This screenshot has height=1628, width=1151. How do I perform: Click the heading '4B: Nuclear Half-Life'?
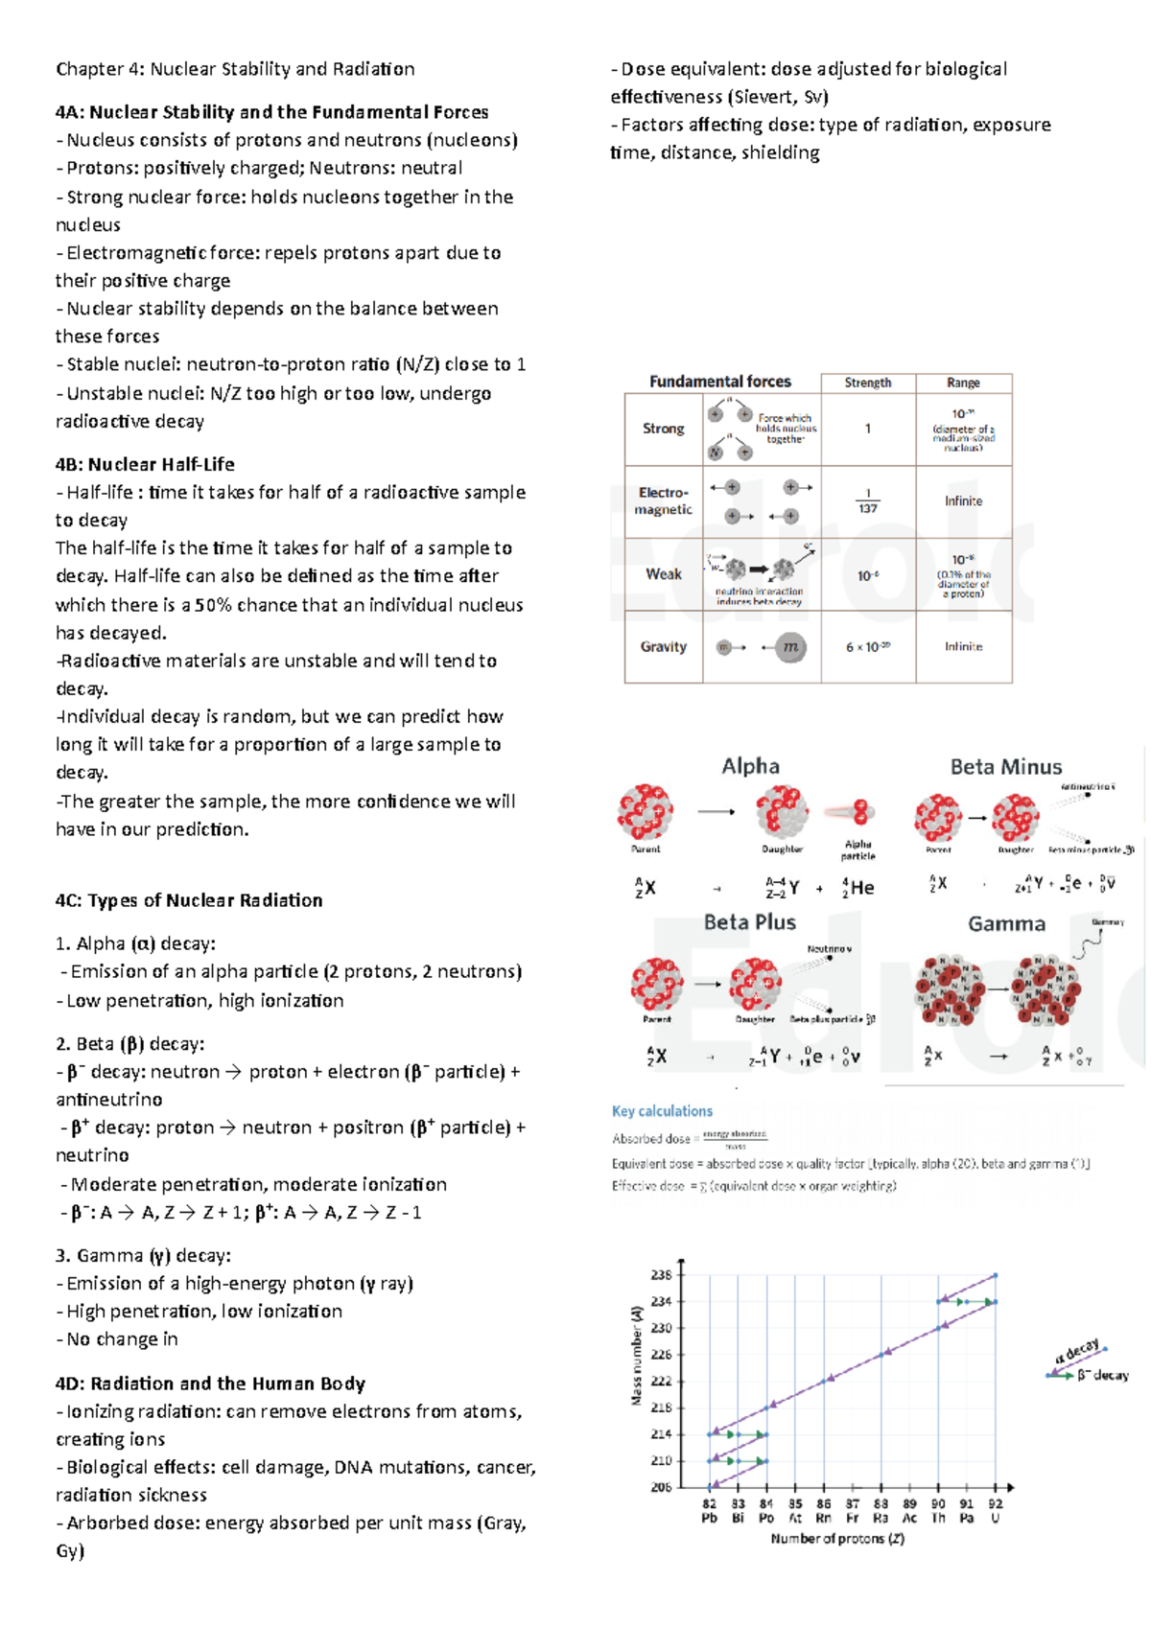coord(145,464)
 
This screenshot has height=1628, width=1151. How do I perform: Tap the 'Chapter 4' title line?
coord(235,69)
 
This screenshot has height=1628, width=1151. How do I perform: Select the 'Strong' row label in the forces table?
coord(663,429)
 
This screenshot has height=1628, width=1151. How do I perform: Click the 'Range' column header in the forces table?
coord(963,383)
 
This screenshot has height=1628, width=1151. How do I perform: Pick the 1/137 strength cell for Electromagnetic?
coord(867,501)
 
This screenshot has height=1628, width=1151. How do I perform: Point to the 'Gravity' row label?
coord(663,647)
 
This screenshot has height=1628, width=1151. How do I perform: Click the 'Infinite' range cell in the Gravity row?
coord(963,647)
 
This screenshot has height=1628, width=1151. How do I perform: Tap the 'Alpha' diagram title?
coord(750,766)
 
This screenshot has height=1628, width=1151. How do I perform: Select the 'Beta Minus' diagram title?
coord(1005,767)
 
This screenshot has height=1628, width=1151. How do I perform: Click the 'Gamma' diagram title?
coord(1006,924)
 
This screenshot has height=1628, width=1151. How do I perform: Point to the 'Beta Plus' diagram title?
coord(749,922)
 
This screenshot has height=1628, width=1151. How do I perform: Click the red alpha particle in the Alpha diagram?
coord(860,813)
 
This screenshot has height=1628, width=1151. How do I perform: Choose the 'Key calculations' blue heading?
coord(662,1111)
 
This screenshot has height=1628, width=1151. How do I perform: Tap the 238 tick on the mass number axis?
coord(661,1275)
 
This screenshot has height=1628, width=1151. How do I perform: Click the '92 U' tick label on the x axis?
coord(996,1511)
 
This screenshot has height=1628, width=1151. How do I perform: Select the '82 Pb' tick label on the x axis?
coord(709,1511)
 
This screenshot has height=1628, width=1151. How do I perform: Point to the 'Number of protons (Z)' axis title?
coord(837,1539)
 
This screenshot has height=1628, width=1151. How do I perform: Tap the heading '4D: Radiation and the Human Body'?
coord(210,1384)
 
